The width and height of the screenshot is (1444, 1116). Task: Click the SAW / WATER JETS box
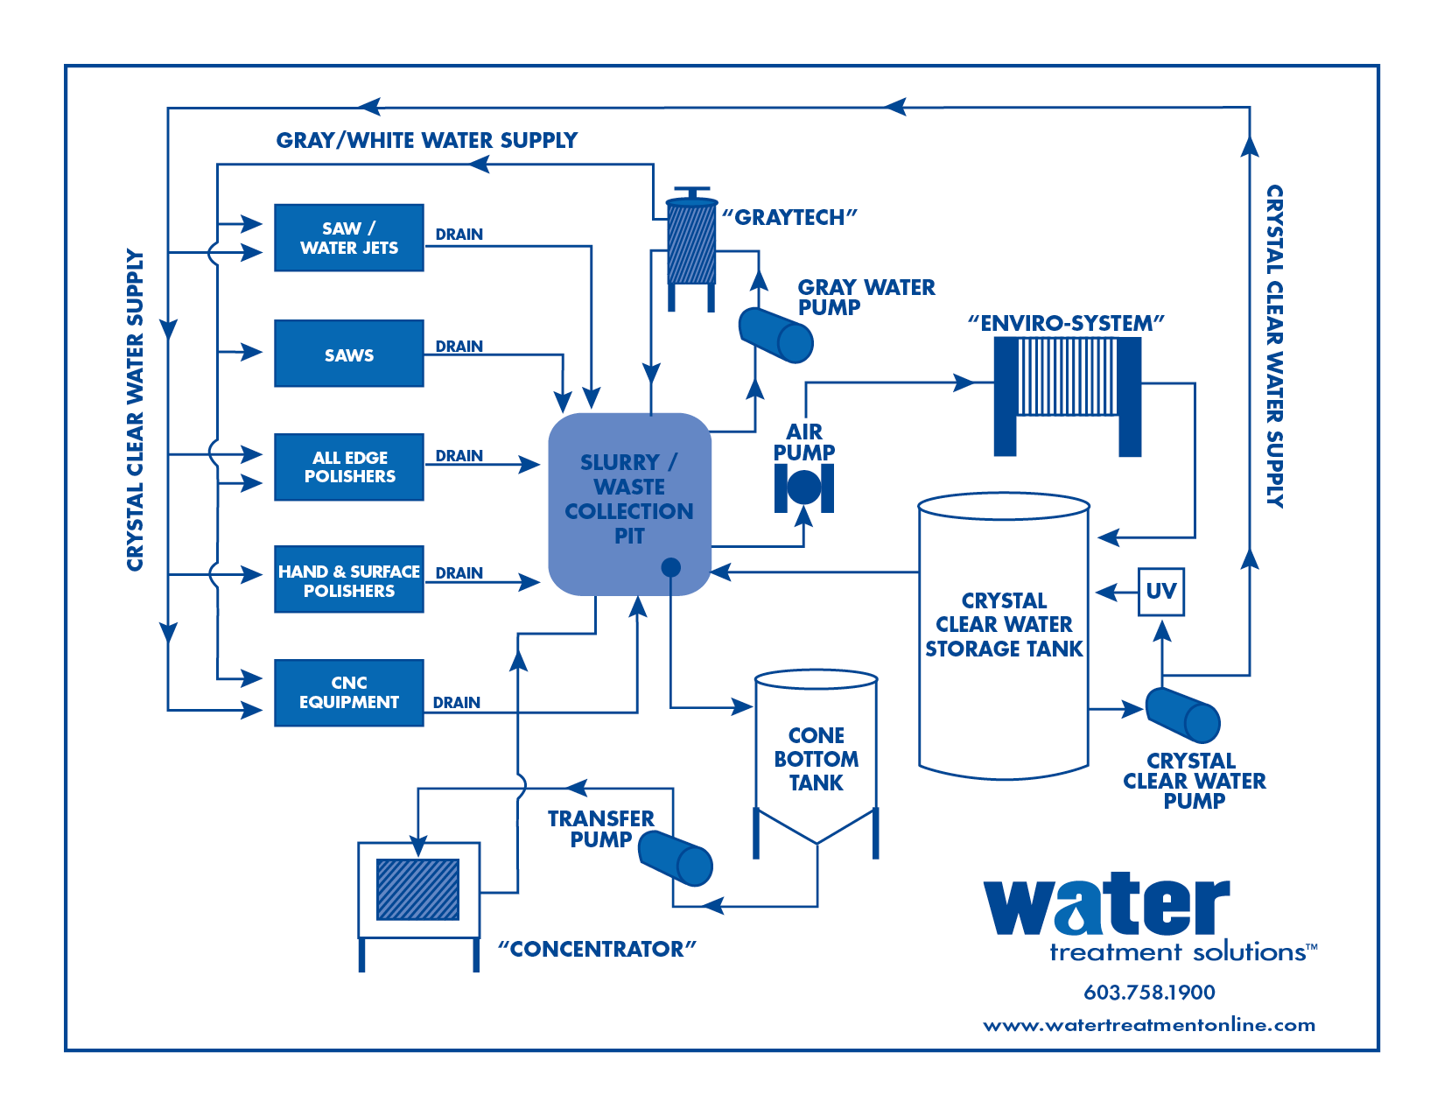[348, 238]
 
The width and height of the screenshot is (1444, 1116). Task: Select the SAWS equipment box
[348, 354]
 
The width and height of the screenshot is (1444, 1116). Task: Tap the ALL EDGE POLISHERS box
[348, 467]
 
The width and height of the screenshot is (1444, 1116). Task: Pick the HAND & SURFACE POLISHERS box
[348, 579]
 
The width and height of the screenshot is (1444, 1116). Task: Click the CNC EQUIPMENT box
[348, 692]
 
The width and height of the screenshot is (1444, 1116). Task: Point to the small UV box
[1160, 592]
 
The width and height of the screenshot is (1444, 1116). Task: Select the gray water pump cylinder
[775, 335]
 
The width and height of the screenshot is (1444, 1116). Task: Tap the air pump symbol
[803, 488]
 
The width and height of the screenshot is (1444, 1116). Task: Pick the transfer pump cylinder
[675, 858]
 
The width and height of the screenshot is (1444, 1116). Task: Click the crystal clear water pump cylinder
[1182, 715]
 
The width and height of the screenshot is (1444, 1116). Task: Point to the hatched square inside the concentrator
[417, 889]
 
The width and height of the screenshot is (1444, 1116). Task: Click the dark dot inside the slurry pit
[670, 567]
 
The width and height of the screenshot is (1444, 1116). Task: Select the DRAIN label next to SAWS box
[459, 347]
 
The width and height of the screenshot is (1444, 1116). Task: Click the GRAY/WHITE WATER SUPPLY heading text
[426, 140]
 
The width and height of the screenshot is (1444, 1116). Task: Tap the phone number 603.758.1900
[1148, 992]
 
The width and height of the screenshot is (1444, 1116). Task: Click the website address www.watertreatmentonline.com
[1148, 1025]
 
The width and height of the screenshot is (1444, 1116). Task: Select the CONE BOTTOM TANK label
[816, 759]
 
